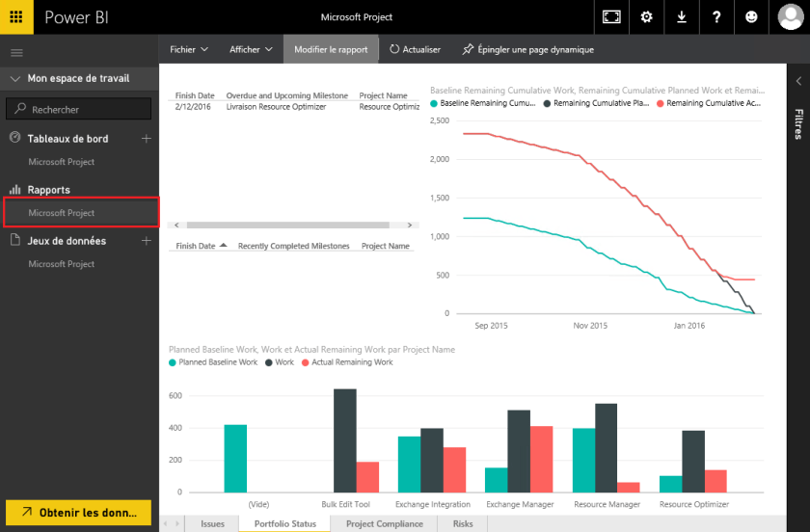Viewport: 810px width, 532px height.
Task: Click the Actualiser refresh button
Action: pos(416,49)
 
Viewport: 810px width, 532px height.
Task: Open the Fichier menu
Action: pos(189,49)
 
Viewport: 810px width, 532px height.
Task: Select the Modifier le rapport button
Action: pos(331,49)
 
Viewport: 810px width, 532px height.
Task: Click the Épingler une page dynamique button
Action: pos(528,49)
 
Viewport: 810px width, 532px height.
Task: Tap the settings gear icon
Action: pos(646,17)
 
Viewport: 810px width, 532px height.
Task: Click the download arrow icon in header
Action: pos(682,17)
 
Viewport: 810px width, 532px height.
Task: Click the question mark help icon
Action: pos(716,17)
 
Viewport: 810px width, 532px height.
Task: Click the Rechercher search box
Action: pos(79,110)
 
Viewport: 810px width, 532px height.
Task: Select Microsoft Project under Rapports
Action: pos(62,213)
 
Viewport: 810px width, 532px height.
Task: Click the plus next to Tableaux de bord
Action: pos(147,139)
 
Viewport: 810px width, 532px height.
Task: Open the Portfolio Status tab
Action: pos(284,523)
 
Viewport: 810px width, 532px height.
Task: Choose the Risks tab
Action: pos(463,523)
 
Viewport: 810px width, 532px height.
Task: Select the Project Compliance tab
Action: pos(384,523)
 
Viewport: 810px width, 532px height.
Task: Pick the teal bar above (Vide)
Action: pos(235,458)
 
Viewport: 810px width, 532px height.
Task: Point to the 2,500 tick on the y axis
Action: pos(439,120)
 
